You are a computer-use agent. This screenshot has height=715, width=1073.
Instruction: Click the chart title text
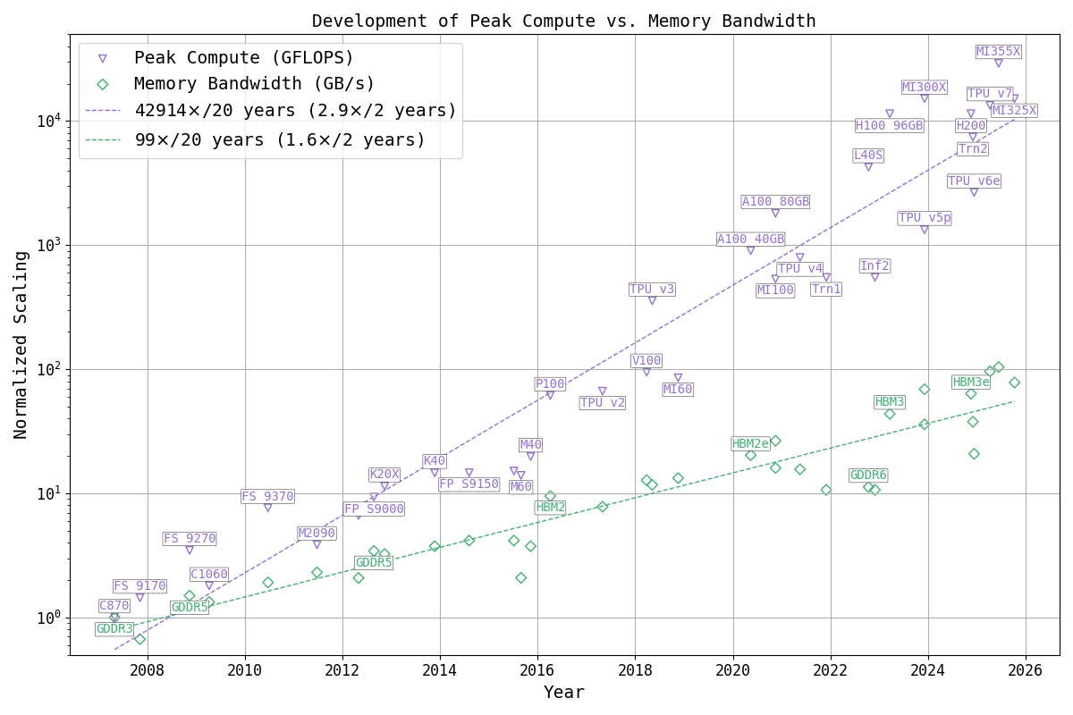[563, 21]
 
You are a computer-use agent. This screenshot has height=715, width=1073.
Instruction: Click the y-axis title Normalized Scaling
[21, 344]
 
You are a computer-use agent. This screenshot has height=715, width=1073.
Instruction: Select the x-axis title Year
[563, 693]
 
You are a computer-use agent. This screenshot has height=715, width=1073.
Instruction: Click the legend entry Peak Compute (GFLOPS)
[244, 58]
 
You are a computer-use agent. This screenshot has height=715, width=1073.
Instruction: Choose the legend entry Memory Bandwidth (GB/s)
[255, 84]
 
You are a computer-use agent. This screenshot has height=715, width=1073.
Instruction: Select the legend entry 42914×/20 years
[295, 111]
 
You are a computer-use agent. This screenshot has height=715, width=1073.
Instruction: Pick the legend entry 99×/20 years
[280, 140]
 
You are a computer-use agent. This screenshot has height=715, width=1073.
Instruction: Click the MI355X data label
[998, 52]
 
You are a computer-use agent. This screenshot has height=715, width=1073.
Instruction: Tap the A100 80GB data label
[775, 202]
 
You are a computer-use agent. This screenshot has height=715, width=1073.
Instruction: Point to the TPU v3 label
[652, 290]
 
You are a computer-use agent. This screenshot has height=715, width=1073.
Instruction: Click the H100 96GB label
[889, 126]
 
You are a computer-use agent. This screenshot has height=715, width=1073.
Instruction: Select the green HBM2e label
[750, 444]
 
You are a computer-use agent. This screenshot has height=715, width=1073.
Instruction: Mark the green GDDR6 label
[868, 475]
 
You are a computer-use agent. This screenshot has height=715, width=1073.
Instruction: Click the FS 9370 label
[267, 497]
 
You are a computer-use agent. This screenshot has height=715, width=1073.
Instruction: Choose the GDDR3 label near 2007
[114, 629]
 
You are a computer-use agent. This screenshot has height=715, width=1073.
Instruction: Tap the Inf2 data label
[874, 266]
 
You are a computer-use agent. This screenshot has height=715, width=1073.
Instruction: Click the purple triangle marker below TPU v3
[652, 301]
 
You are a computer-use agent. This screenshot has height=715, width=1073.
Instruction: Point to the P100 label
[550, 384]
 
